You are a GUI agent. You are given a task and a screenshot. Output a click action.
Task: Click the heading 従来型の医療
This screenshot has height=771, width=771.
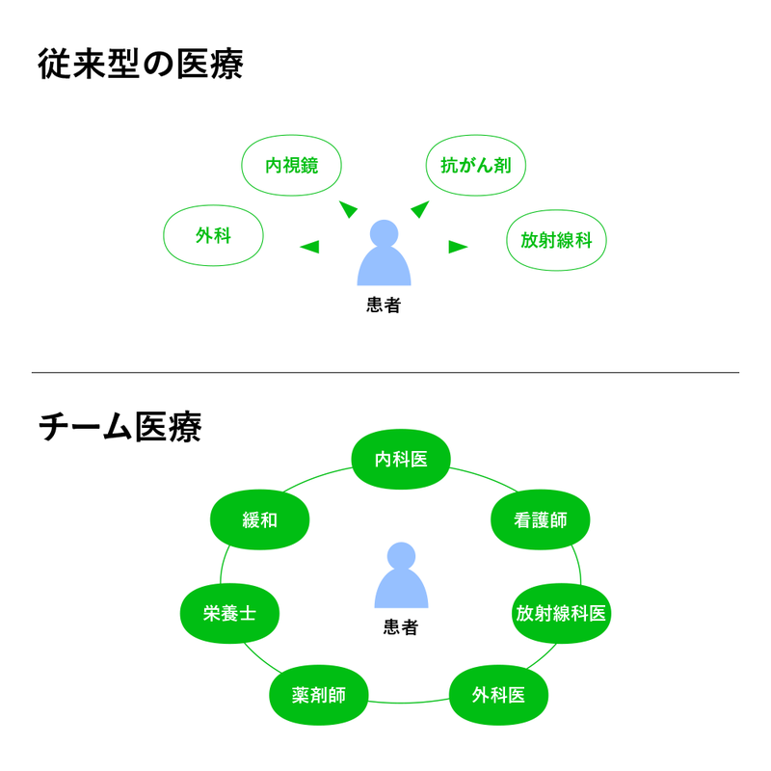point(140,65)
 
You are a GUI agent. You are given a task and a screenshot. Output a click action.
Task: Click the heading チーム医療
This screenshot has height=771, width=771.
point(120,427)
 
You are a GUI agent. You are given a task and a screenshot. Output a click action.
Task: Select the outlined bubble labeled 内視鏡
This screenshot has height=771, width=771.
point(291,165)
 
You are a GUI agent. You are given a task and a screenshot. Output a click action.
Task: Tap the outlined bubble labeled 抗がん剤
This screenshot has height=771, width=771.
point(475,165)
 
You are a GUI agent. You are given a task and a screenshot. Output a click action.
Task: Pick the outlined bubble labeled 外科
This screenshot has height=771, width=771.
point(213,235)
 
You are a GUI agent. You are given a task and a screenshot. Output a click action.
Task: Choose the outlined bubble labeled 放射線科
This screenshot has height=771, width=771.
point(556,240)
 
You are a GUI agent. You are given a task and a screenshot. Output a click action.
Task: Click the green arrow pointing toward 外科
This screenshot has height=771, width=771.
point(309,247)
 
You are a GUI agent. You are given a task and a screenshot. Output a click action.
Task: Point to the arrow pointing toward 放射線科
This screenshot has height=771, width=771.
point(458,247)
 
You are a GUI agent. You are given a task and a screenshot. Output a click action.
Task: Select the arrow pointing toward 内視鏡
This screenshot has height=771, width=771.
point(348,209)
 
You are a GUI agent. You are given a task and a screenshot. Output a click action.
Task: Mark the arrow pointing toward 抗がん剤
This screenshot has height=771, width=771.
point(419,209)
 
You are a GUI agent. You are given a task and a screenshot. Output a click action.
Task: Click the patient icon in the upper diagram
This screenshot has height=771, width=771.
point(384,254)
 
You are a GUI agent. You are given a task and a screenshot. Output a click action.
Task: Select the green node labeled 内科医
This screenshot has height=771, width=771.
point(401,459)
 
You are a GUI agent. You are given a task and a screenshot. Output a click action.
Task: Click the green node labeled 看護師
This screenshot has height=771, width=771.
point(540,520)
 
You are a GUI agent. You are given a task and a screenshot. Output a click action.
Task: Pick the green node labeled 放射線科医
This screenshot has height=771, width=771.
point(561,613)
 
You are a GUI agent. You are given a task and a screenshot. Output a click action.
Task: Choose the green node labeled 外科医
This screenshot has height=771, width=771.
point(498,695)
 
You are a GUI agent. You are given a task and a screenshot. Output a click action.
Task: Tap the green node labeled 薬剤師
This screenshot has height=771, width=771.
point(318,695)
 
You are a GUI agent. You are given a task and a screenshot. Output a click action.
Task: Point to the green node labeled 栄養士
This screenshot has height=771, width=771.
point(229,613)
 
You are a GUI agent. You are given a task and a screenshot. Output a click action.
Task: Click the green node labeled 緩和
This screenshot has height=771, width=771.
point(260,520)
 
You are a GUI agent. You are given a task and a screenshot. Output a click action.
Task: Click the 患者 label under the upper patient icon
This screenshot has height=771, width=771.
point(384,306)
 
